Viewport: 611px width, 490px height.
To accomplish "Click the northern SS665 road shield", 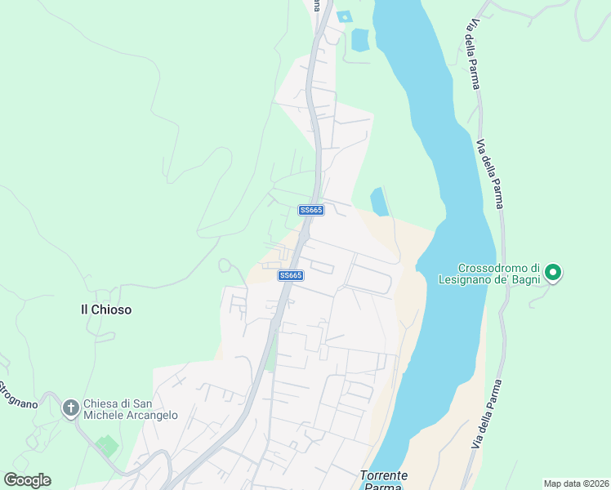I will coord(311,210).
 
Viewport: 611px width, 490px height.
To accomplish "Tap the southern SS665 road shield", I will coord(291,275).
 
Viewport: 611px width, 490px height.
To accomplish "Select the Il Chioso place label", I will coord(105,310).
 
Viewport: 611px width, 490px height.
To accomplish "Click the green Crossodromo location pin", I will coord(553,273).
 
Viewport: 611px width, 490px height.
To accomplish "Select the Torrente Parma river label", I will coord(384,481).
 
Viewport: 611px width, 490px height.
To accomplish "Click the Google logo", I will coord(27,480).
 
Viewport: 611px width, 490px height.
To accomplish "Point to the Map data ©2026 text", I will coord(575,483).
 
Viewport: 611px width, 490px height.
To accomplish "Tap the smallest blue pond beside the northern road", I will coord(344,16).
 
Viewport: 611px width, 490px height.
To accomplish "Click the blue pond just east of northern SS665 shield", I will coord(379,202).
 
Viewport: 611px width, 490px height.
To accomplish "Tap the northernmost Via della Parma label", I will coord(473,53).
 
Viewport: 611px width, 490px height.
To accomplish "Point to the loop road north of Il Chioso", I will coord(226,265).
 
